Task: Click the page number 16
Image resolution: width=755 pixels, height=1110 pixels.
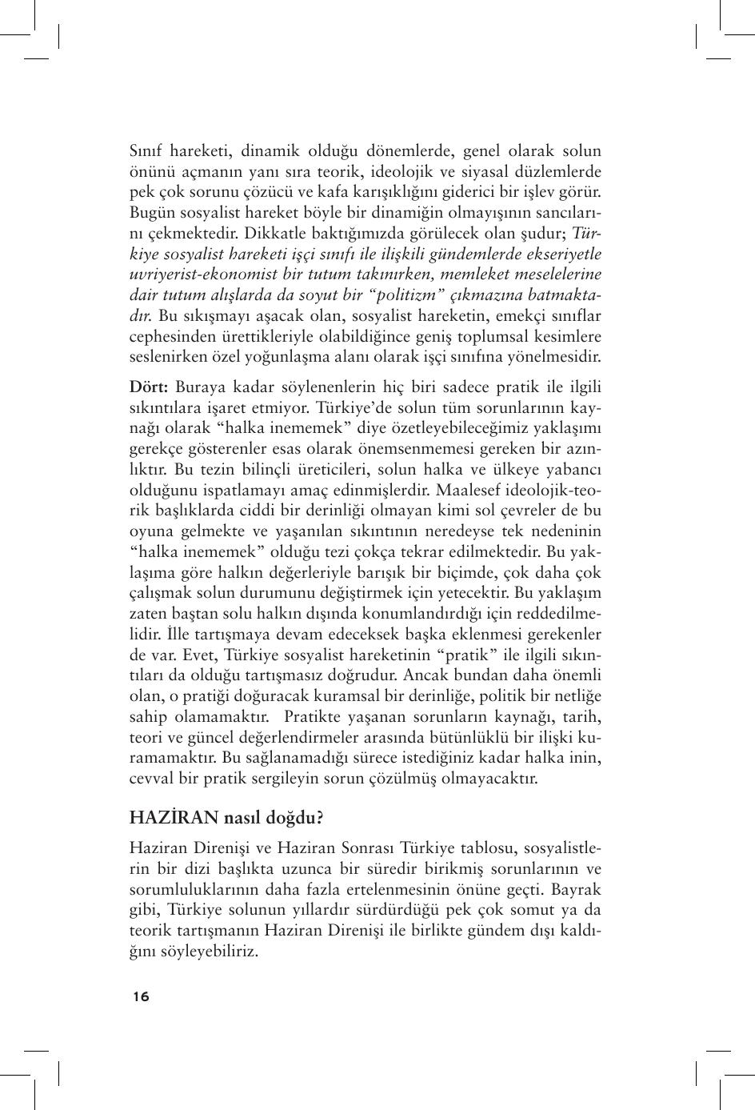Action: click(142, 996)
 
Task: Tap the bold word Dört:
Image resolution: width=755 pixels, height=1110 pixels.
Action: click(149, 387)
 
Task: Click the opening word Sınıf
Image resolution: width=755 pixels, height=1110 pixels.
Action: click(147, 150)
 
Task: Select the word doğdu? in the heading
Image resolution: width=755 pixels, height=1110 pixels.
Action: click(292, 819)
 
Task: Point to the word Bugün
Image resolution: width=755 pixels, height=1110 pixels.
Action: click(150, 213)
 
